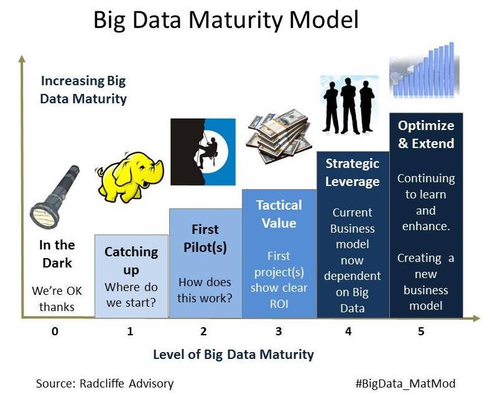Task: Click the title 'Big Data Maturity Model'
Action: click(226, 21)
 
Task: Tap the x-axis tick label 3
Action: click(279, 332)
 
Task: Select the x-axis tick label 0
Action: click(55, 332)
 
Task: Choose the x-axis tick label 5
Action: click(421, 332)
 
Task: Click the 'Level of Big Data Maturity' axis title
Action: click(233, 355)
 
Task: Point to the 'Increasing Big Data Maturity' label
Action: click(83, 90)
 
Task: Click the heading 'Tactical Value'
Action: click(279, 214)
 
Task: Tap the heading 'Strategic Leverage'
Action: click(353, 172)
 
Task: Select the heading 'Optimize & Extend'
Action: click(426, 134)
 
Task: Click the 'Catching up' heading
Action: click(131, 261)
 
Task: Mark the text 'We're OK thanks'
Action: click(57, 299)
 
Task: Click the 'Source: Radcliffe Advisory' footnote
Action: click(104, 383)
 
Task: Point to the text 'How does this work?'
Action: click(205, 289)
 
